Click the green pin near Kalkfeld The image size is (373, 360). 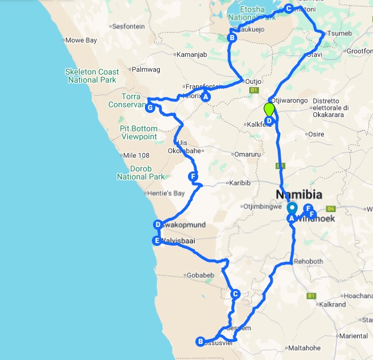tap(269, 109)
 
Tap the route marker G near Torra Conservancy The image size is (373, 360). tap(150, 107)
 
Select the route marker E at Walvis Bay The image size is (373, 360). tap(156, 241)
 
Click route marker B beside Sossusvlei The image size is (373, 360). tap(201, 341)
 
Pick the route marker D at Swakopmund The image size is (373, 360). tap(158, 224)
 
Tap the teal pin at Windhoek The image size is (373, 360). tap(292, 209)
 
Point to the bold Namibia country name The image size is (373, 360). tap(299, 194)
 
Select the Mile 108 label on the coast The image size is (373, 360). tap(136, 155)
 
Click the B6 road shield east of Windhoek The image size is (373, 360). tap(331, 209)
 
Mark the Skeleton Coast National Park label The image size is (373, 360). tap(93, 76)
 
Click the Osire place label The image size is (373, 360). tap(316, 134)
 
